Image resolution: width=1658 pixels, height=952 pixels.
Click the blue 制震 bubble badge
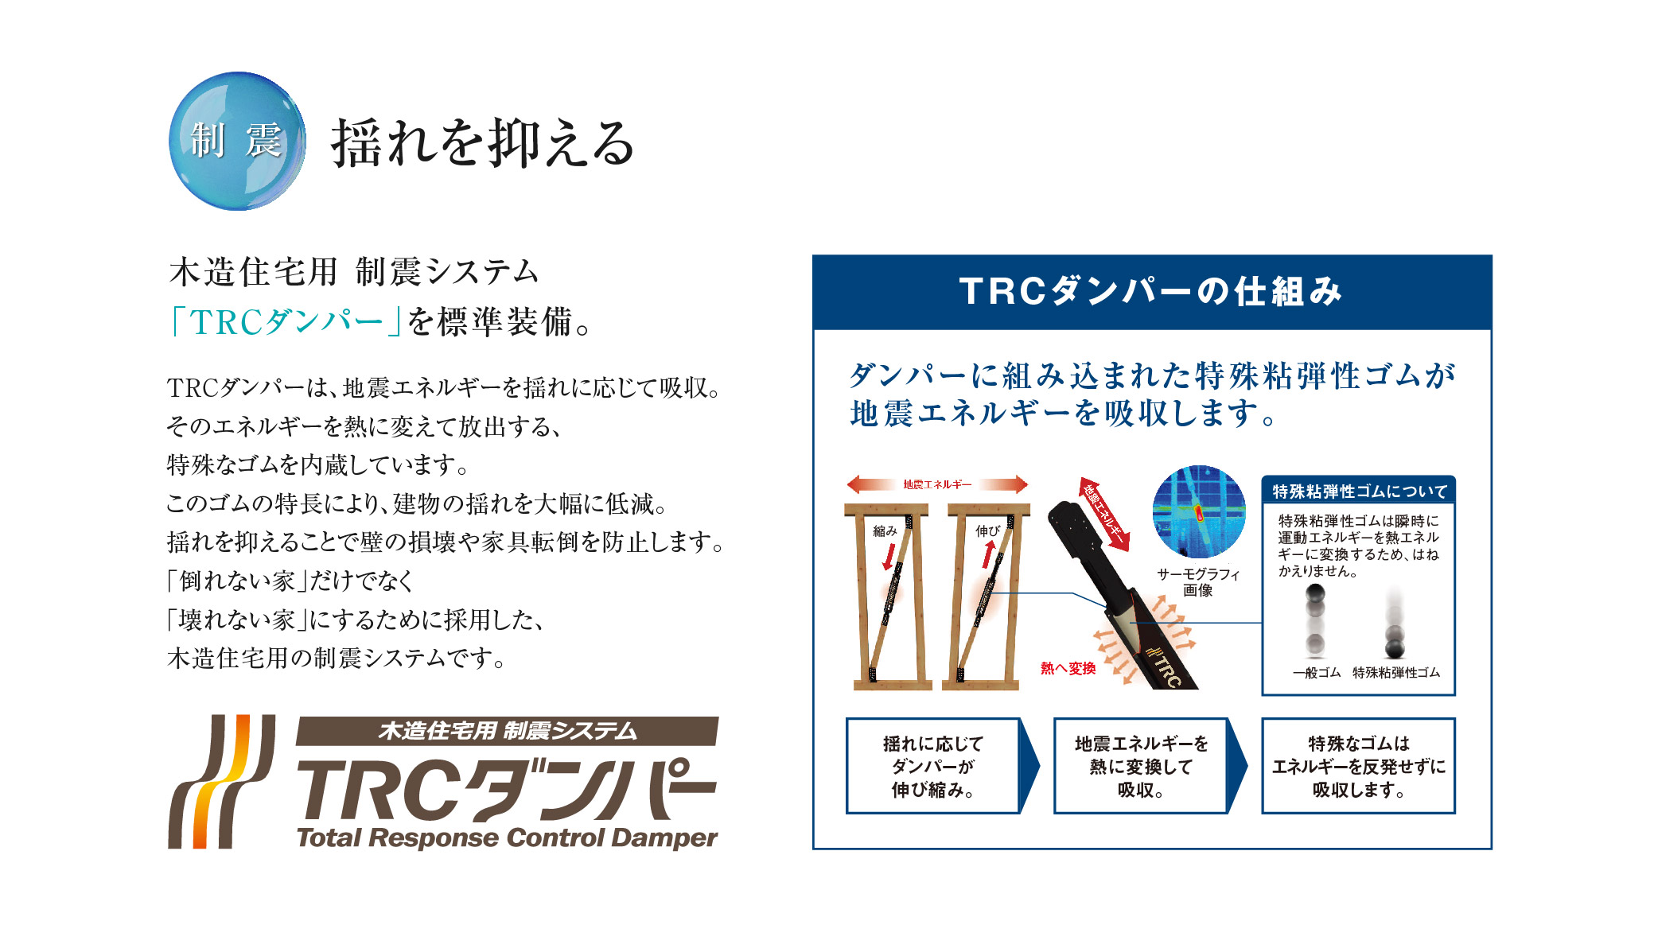click(237, 142)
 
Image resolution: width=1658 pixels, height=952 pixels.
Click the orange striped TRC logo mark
click(221, 781)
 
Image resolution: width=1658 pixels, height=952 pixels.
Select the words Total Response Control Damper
click(507, 837)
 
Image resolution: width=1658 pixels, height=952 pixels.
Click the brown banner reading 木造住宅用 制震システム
click(507, 730)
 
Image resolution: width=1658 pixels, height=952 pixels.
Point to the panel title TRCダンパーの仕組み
click(1151, 291)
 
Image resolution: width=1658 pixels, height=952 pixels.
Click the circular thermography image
click(1199, 511)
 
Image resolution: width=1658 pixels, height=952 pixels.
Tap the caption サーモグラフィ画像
click(1198, 581)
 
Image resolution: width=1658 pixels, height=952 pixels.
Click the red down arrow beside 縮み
click(889, 555)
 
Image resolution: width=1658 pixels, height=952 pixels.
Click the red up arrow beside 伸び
click(989, 554)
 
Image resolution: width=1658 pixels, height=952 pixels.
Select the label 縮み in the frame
click(885, 530)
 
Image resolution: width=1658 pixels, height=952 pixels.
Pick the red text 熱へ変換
click(1068, 668)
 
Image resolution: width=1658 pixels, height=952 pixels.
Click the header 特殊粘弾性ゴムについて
click(1359, 491)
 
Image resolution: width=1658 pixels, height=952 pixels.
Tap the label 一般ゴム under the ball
click(1317, 673)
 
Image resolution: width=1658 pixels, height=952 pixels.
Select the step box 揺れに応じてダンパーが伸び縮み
click(932, 766)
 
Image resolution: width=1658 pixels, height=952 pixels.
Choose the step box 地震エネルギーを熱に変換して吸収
click(1141, 766)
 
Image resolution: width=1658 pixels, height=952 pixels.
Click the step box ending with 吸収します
click(1358, 766)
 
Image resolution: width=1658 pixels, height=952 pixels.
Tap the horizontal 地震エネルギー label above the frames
click(937, 484)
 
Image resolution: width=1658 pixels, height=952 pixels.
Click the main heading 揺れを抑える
click(483, 143)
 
